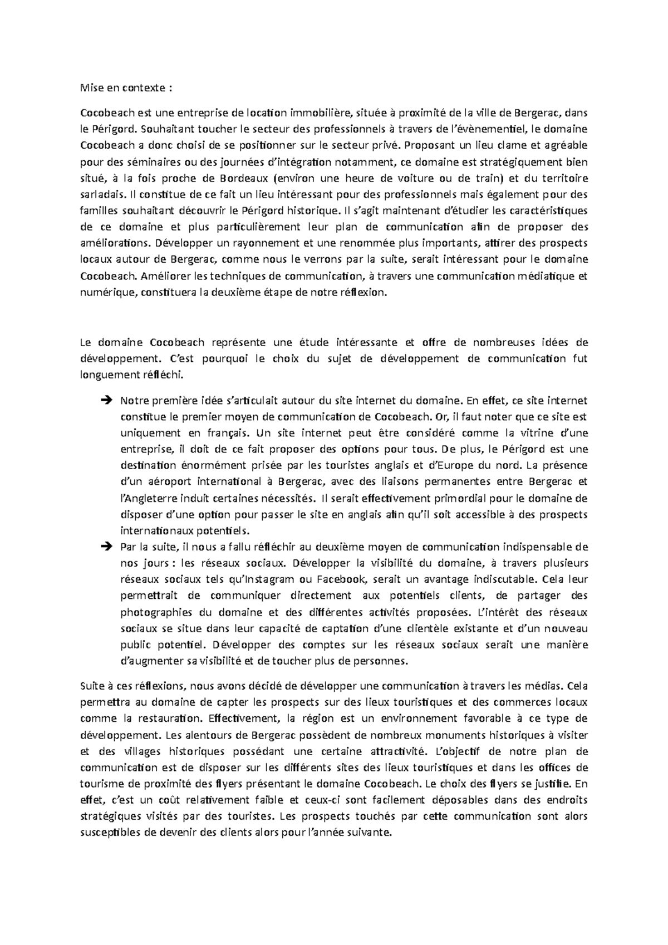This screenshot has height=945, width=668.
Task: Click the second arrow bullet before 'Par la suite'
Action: tap(107, 547)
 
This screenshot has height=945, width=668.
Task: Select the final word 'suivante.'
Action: tap(371, 833)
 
